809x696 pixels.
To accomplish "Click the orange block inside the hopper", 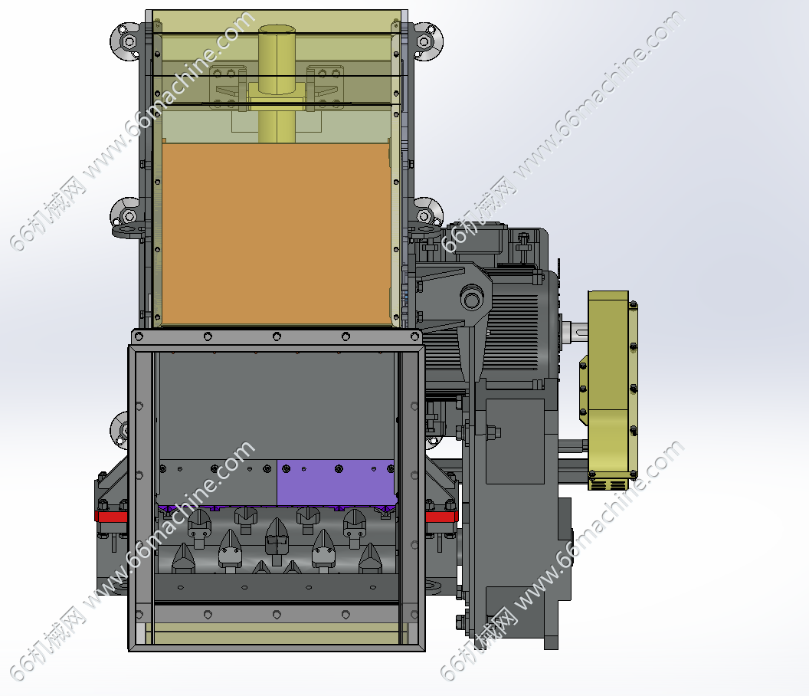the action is coord(276,235).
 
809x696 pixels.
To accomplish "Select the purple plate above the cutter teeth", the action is coord(336,483).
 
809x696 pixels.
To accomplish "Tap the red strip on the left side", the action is coord(111,516).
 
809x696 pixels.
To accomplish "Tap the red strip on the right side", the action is coord(441,516).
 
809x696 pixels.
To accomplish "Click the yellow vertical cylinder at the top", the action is coord(277,83).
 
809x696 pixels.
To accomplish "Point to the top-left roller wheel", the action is coord(126,41).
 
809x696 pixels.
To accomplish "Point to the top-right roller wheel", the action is coord(426,41).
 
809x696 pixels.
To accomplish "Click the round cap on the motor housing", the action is coord(472,297).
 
